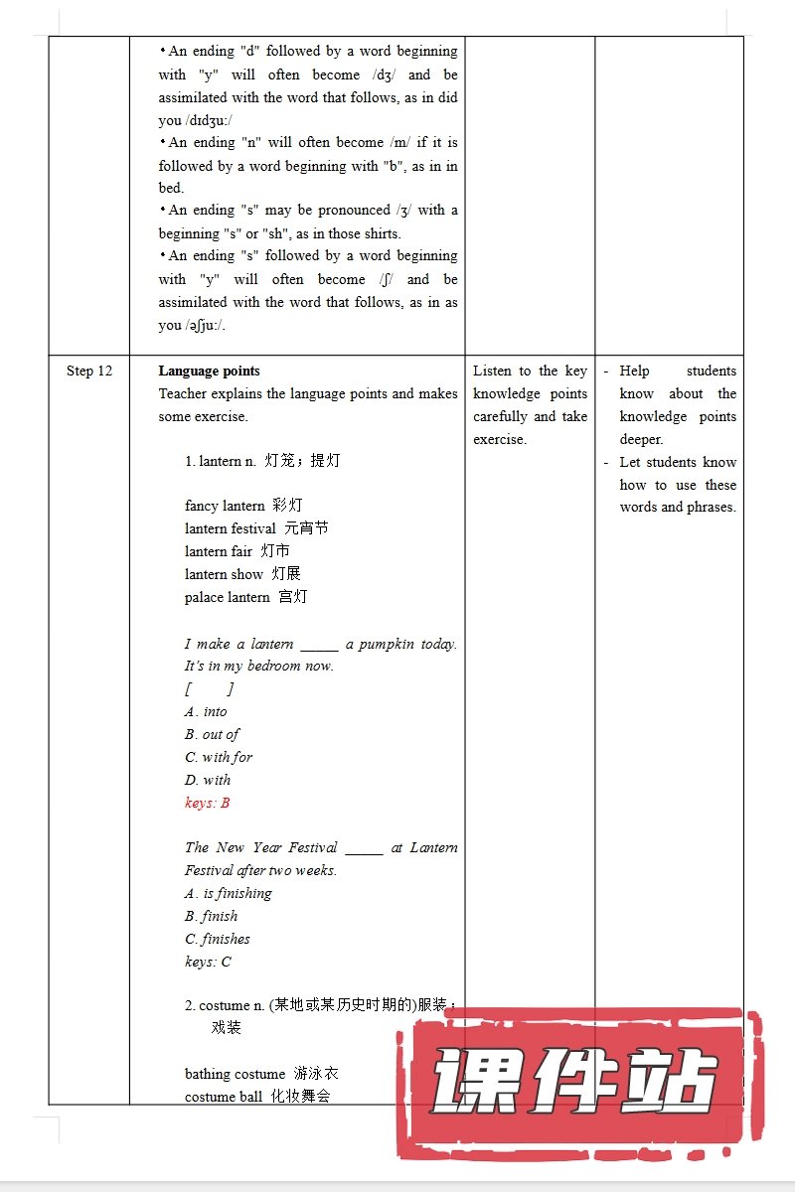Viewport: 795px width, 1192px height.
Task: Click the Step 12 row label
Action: point(89,372)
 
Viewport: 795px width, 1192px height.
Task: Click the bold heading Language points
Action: point(209,372)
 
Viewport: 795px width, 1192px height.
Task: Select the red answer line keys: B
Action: point(207,803)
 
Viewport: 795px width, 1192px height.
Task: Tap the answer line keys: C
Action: point(208,962)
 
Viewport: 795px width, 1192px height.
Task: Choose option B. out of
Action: point(212,734)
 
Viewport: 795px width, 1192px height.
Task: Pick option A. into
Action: point(206,711)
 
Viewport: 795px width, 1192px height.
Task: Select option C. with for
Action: point(219,757)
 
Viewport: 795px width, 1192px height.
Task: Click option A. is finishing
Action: point(228,893)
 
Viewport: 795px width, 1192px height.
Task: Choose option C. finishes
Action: point(217,939)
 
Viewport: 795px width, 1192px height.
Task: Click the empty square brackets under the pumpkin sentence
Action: point(209,688)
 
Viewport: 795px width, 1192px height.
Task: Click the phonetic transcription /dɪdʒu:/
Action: point(209,120)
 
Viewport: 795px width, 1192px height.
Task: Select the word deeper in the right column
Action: point(641,439)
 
